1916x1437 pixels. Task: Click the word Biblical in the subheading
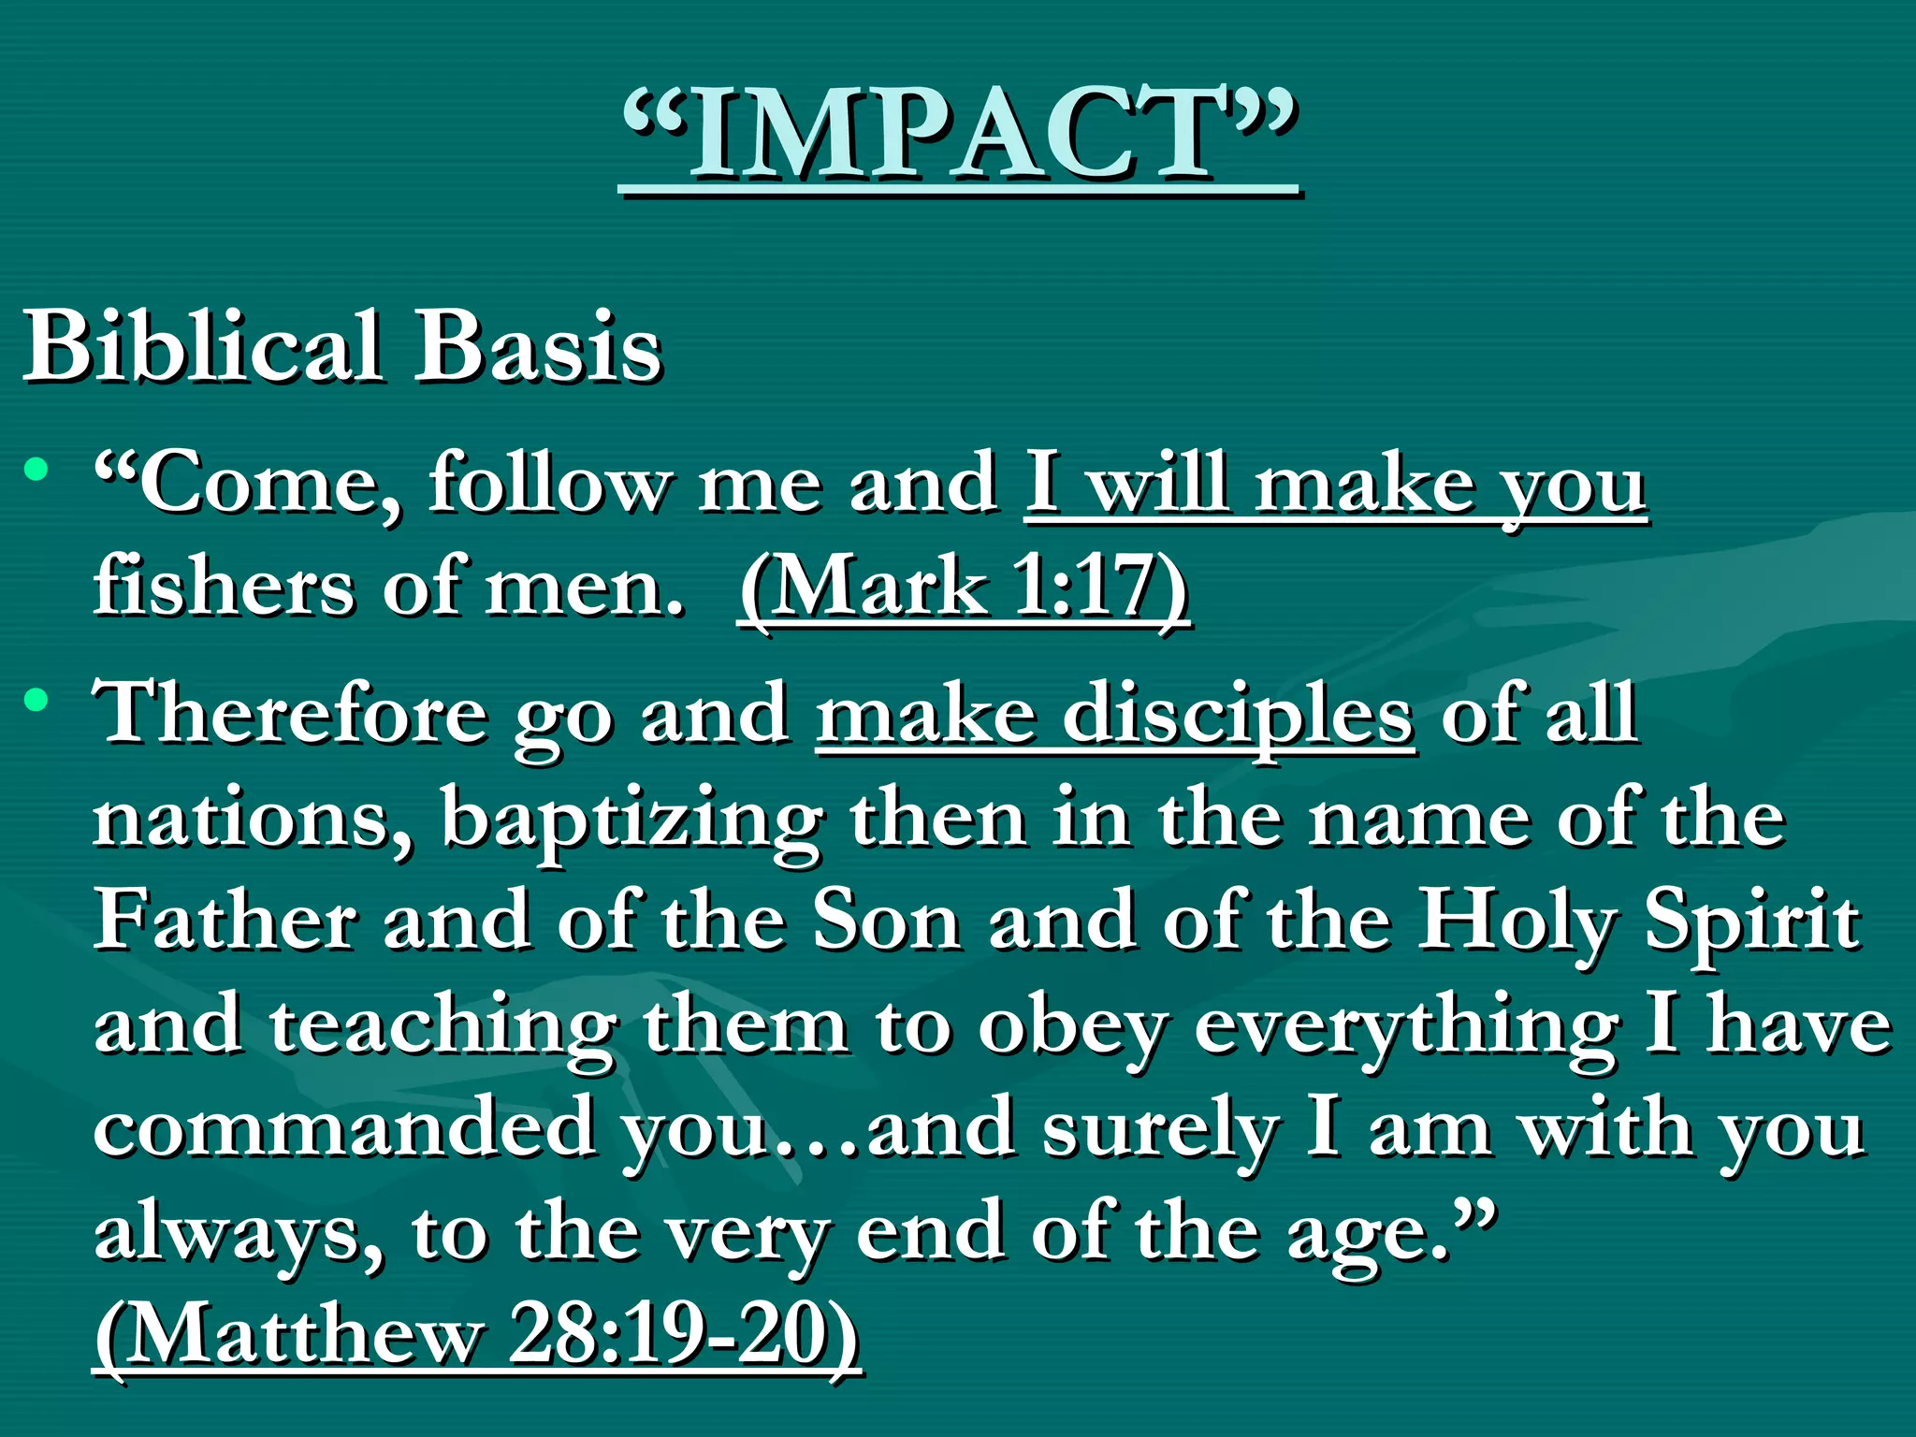[x=203, y=346]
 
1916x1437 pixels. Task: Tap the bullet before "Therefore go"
[x=36, y=699]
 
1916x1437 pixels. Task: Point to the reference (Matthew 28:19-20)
[x=477, y=1333]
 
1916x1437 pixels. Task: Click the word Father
[x=225, y=922]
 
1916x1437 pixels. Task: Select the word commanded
[x=344, y=1127]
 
